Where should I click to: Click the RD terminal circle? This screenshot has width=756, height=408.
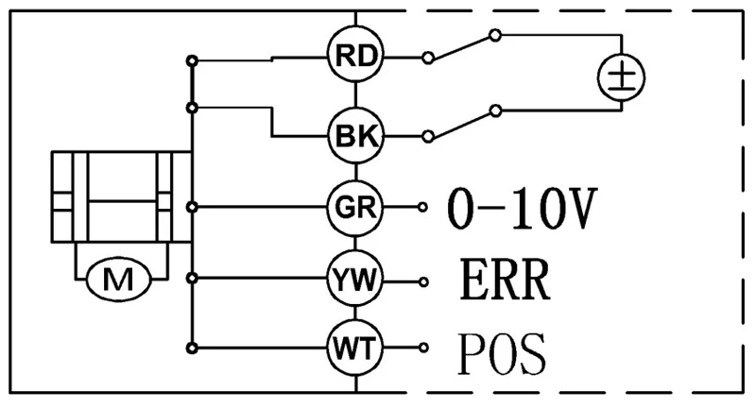pyautogui.click(x=356, y=57)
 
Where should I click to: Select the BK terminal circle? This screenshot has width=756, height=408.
pyautogui.click(x=356, y=136)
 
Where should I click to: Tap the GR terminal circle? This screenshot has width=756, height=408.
pyautogui.click(x=356, y=206)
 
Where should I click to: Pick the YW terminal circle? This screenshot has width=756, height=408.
pyautogui.click(x=356, y=279)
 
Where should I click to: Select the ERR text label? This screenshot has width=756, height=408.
pyautogui.click(x=505, y=280)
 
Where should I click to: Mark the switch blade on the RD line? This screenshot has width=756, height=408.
pyautogui.click(x=461, y=46)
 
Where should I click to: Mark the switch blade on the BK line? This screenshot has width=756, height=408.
pyautogui.click(x=461, y=125)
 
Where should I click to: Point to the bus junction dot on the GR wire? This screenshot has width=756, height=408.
pyautogui.click(x=193, y=206)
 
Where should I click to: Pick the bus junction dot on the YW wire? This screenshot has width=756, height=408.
pyautogui.click(x=193, y=279)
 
